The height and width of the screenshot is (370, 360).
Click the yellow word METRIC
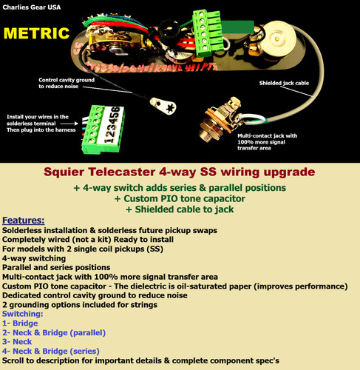(36, 33)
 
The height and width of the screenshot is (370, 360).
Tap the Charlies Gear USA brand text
(32, 7)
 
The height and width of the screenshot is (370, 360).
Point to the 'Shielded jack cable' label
(284, 83)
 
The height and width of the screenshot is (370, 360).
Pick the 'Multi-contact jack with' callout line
(268, 135)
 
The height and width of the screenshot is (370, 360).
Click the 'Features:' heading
(24, 221)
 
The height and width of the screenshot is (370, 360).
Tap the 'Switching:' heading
(23, 314)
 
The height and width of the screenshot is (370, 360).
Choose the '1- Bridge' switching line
(20, 323)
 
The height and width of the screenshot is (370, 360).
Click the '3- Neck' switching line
(17, 342)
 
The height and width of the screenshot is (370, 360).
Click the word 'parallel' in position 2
(87, 333)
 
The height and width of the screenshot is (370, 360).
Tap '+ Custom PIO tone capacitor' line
(180, 198)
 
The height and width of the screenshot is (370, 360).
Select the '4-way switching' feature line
(34, 258)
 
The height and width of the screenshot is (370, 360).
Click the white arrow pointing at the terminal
(69, 124)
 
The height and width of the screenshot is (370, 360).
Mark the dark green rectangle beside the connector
(238, 27)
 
